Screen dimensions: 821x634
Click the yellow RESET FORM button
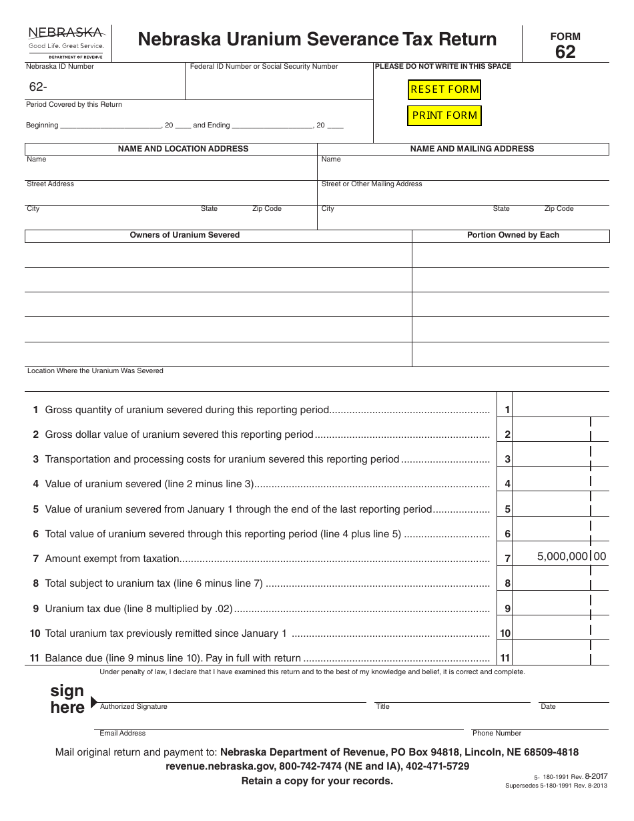(x=444, y=89)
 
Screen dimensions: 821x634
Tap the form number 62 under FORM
(x=565, y=52)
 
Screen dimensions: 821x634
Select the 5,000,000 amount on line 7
(x=563, y=556)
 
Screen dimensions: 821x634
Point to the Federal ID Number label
(x=264, y=67)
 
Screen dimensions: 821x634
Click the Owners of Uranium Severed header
(x=184, y=235)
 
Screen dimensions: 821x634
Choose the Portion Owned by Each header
(x=513, y=235)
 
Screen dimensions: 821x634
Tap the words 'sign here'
(x=67, y=699)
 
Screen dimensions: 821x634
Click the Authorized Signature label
(x=133, y=706)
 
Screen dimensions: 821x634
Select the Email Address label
(x=122, y=733)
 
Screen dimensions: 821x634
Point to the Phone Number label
(x=497, y=733)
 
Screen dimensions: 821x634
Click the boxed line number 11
(x=505, y=658)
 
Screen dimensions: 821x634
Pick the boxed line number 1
(x=507, y=410)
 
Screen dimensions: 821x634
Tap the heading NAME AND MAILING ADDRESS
(x=472, y=149)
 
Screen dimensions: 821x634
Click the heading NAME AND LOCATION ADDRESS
(x=183, y=149)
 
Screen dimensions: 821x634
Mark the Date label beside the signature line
(x=548, y=706)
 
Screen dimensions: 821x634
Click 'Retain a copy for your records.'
(x=317, y=781)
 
